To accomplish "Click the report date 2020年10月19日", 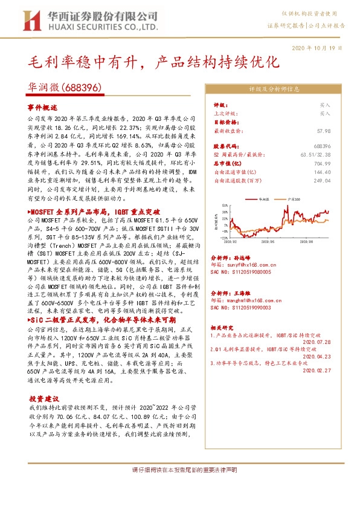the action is click(320, 48).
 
